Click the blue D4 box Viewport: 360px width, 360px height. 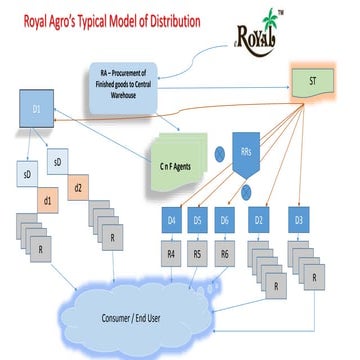coord(172,220)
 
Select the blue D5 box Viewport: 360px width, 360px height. coord(198,220)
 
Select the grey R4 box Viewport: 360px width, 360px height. coord(172,255)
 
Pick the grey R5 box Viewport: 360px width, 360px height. coord(198,255)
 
